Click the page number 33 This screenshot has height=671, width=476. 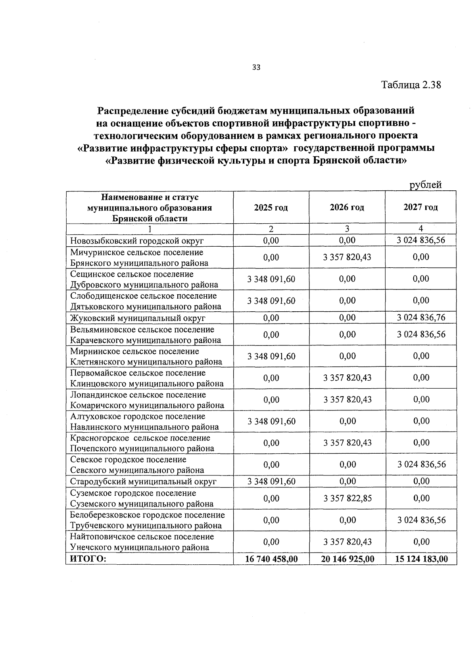[x=256, y=67]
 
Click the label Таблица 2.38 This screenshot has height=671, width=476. [x=411, y=85]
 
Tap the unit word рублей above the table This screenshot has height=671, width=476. [x=425, y=185]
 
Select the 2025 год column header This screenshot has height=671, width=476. [x=271, y=207]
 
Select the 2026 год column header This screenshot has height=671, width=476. [x=347, y=207]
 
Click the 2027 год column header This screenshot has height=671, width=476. [x=420, y=207]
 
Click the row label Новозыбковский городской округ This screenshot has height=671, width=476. [x=137, y=241]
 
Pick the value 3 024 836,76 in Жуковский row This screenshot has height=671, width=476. [x=421, y=318]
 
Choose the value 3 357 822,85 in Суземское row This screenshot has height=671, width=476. [x=347, y=498]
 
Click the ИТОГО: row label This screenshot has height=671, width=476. [x=88, y=559]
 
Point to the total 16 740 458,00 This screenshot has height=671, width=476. [x=271, y=559]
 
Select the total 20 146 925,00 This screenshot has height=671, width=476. [x=347, y=559]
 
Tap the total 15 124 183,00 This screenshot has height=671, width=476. [x=421, y=559]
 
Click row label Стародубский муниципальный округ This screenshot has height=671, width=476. [x=143, y=482]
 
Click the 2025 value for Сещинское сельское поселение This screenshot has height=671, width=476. [x=271, y=279]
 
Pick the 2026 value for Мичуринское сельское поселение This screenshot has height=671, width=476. [x=347, y=257]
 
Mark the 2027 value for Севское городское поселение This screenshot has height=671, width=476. [x=421, y=464]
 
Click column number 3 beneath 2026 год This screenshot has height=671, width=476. [x=347, y=229]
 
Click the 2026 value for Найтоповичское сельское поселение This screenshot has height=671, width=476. [x=347, y=542]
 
